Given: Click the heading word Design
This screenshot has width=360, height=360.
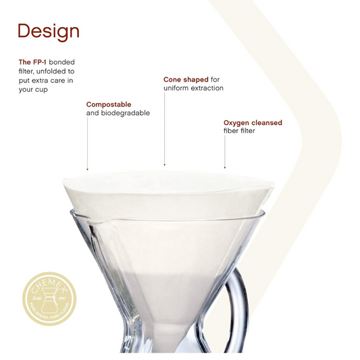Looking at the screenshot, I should pos(48,31).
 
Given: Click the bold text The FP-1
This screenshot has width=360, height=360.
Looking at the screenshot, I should pos(33,61).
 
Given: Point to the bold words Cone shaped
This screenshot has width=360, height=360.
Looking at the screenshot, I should pos(186,80).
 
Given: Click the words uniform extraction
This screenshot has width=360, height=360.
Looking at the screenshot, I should pos(193,88).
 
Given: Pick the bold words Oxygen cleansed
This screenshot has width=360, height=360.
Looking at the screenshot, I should pos(253,123).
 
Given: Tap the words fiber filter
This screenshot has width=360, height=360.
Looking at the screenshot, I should pos(240,131).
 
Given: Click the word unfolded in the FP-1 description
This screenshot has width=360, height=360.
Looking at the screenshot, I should pos(59,71).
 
